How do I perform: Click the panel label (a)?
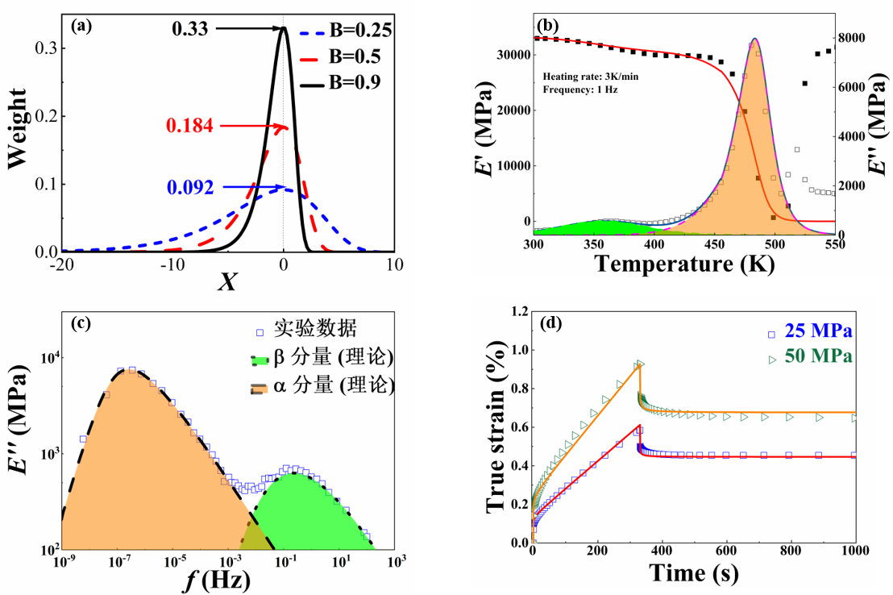point(81,26)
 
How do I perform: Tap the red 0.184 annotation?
point(190,126)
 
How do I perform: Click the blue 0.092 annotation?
point(190,188)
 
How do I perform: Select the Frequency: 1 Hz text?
point(580,89)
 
